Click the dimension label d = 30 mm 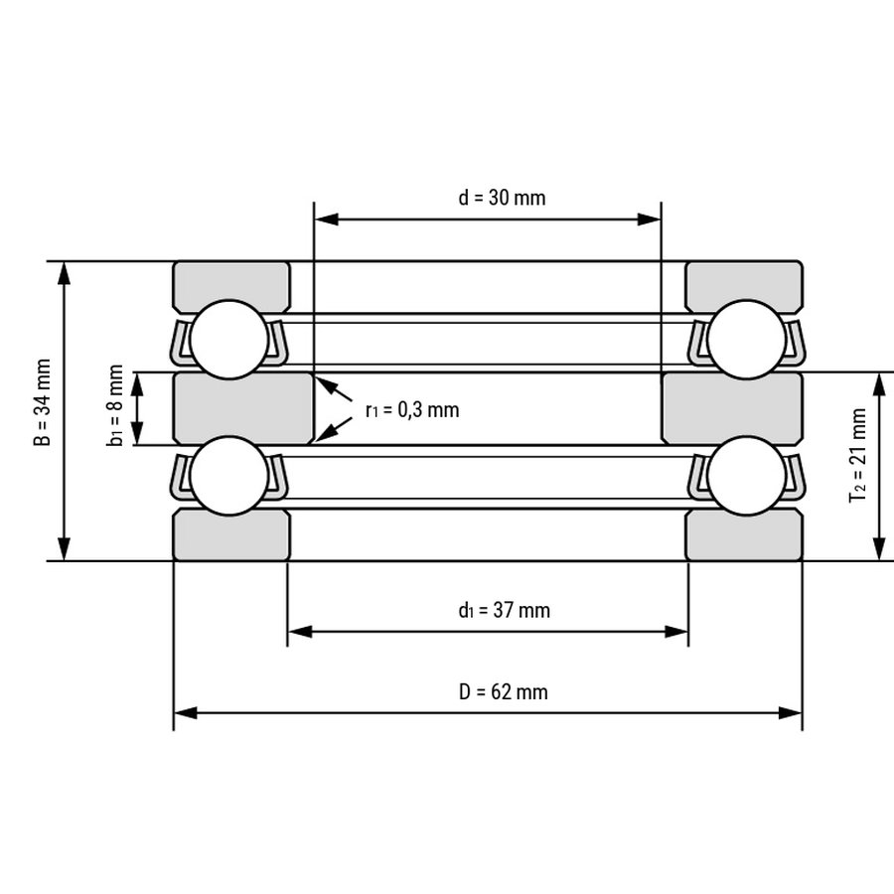coord(502,198)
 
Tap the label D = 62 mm coord(503,692)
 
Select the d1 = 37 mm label coord(504,611)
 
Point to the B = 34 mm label coord(43,402)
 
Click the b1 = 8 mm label coord(115,405)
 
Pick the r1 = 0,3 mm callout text coord(412,410)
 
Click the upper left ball coord(229,340)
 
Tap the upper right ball coord(746,340)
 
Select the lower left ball coord(229,476)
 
